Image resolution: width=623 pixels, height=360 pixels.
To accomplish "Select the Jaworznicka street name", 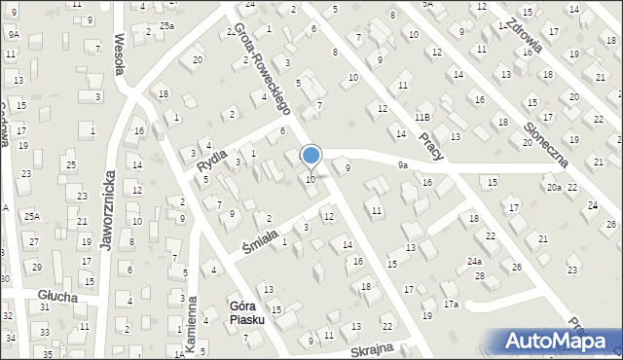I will (x=109, y=210).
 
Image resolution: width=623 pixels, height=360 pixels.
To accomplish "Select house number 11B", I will (x=421, y=117).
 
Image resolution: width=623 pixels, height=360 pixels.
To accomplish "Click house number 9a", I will (x=402, y=165).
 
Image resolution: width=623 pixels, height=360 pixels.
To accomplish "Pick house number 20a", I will (x=554, y=187).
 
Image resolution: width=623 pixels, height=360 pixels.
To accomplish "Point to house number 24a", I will (x=474, y=262).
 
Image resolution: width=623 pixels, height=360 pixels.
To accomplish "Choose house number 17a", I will (x=451, y=305).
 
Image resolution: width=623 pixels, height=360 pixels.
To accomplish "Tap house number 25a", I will (x=166, y=25).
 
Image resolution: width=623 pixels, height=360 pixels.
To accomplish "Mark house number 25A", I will (x=32, y=216).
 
